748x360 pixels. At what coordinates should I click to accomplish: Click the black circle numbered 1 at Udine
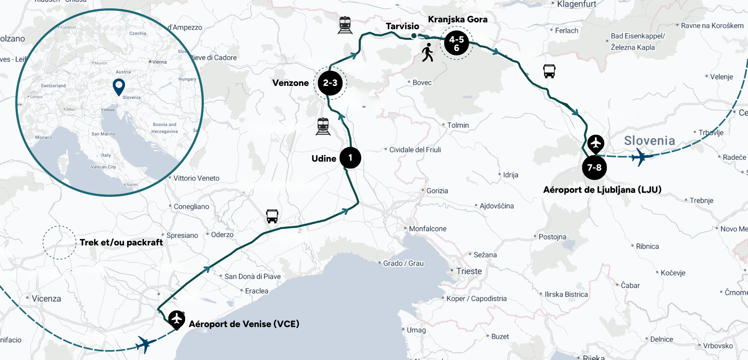pos(350,158)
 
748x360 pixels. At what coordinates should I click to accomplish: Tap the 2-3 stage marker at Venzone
pos(330,83)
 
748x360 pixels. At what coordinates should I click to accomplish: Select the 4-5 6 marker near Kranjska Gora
pos(456,43)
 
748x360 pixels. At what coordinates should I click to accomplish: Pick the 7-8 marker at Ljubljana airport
pos(594,168)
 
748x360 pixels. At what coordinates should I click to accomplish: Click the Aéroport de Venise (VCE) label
pos(244,324)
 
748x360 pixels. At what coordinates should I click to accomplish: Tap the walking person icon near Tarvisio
pos(427,53)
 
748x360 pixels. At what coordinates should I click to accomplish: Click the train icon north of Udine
pos(323,126)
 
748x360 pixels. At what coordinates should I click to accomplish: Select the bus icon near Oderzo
pos(272,216)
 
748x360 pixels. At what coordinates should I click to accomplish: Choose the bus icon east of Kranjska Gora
pos(549,71)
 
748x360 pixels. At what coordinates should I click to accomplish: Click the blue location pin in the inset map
pos(119,86)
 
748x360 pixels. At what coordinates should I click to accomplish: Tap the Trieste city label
pos(469,271)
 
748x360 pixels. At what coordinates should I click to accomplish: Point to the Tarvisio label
pos(402,26)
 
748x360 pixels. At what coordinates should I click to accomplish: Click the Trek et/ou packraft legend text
pos(121,242)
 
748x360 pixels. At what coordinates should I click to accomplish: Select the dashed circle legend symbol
pos(59,242)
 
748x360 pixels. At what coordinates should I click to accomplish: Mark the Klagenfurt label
pos(576,4)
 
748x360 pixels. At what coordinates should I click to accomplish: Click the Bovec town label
pos(422,83)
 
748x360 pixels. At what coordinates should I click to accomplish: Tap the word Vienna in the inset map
pos(159,62)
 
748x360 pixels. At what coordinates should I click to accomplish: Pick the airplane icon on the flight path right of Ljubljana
pos(642,157)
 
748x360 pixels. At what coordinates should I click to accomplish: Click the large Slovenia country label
pos(649,141)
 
